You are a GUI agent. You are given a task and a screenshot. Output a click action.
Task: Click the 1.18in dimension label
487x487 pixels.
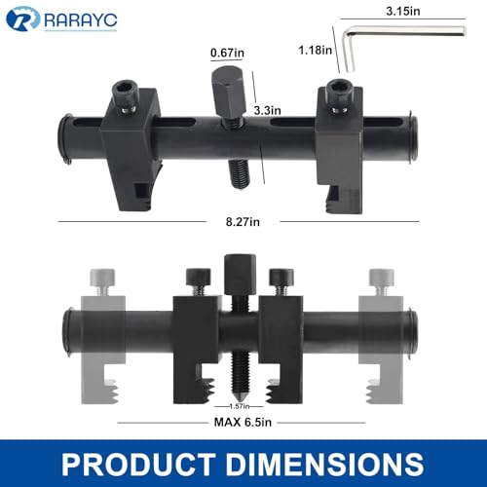pyautogui.click(x=311, y=49)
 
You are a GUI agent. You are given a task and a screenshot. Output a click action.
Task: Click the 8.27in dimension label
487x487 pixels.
pyautogui.click(x=243, y=222)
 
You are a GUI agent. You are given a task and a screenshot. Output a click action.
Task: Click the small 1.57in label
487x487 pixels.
pyautogui.click(x=240, y=404)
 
